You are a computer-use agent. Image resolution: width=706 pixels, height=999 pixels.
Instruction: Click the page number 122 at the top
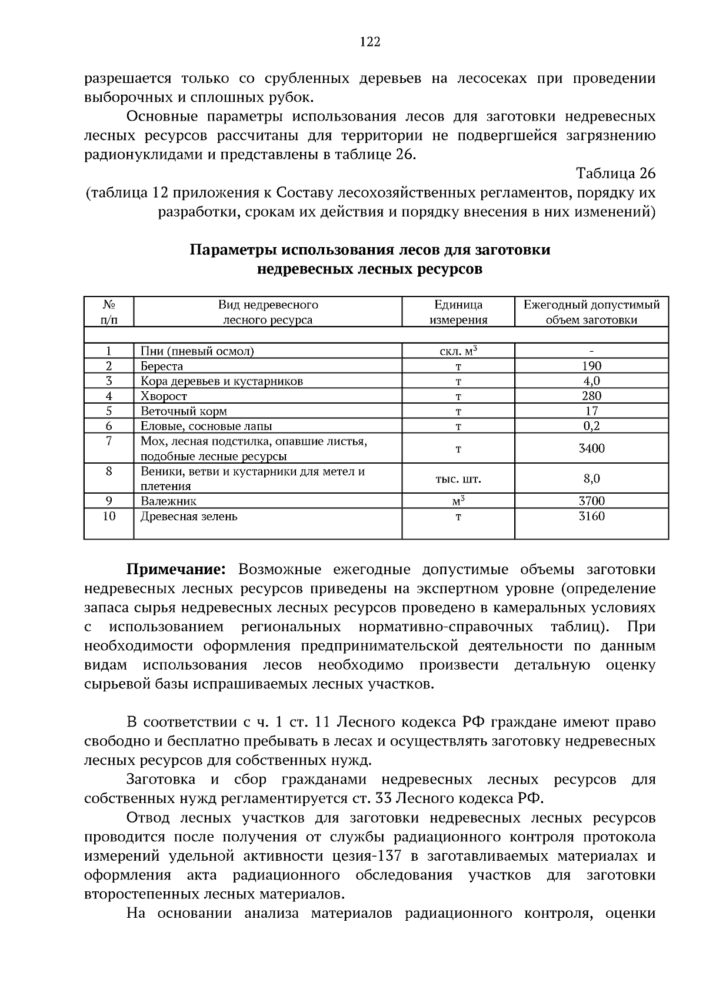pos(369,42)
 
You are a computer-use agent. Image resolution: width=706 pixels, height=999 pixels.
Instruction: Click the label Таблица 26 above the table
pos(615,174)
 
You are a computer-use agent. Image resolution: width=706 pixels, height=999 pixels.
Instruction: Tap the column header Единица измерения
pos(458,312)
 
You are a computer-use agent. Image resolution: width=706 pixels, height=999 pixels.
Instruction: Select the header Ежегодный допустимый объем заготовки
pos(591,312)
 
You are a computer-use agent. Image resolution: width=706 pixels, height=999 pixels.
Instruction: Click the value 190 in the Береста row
pos(591,366)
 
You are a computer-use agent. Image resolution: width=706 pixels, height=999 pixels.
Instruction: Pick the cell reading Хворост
pos(164,396)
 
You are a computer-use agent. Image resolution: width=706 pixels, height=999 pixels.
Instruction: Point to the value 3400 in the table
pos(591,448)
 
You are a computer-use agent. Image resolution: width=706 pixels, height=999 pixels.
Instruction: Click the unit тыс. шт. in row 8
pos(458,479)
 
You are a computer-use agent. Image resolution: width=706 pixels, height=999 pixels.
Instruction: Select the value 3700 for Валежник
pos(591,501)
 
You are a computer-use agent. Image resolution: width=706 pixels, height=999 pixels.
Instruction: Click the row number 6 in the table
pos(109,426)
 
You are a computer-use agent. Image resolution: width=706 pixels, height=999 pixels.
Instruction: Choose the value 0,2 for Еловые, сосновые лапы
pos(591,426)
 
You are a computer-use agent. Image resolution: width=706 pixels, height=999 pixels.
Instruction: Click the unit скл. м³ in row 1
pos(458,351)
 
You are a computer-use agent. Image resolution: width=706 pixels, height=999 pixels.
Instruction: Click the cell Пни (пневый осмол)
pos(197,351)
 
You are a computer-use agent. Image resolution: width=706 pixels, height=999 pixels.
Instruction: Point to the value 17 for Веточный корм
pos(591,411)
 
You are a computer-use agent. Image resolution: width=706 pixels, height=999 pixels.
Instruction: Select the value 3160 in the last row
pos(591,517)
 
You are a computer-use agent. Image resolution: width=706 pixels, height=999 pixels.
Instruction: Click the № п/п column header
pos(109,312)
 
